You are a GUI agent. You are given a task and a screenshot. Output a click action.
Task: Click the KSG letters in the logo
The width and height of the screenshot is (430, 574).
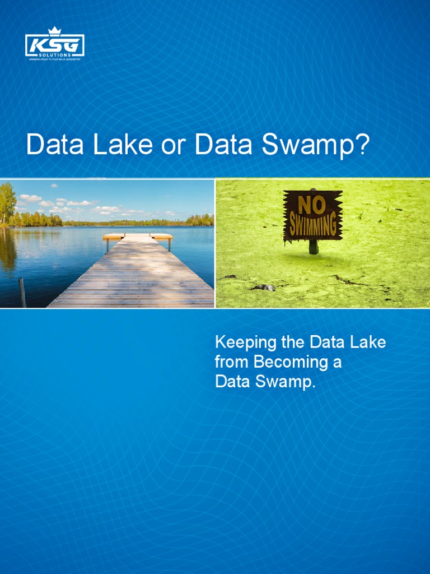click(x=54, y=45)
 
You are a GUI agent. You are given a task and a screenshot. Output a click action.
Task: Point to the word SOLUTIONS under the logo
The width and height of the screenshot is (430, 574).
click(x=55, y=54)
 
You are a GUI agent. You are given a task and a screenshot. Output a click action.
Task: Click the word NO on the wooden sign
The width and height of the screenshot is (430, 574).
click(x=312, y=206)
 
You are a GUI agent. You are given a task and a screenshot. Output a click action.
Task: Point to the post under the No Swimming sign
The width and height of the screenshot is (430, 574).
click(x=314, y=247)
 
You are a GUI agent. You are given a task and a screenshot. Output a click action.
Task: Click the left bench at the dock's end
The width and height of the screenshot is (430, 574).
click(x=113, y=237)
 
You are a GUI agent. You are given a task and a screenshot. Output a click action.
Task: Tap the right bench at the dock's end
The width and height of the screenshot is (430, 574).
click(x=162, y=237)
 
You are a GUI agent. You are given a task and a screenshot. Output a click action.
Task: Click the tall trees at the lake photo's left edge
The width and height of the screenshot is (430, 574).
click(x=7, y=205)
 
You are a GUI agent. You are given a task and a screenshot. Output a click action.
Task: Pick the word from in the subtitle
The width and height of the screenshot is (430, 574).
click(x=232, y=362)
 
